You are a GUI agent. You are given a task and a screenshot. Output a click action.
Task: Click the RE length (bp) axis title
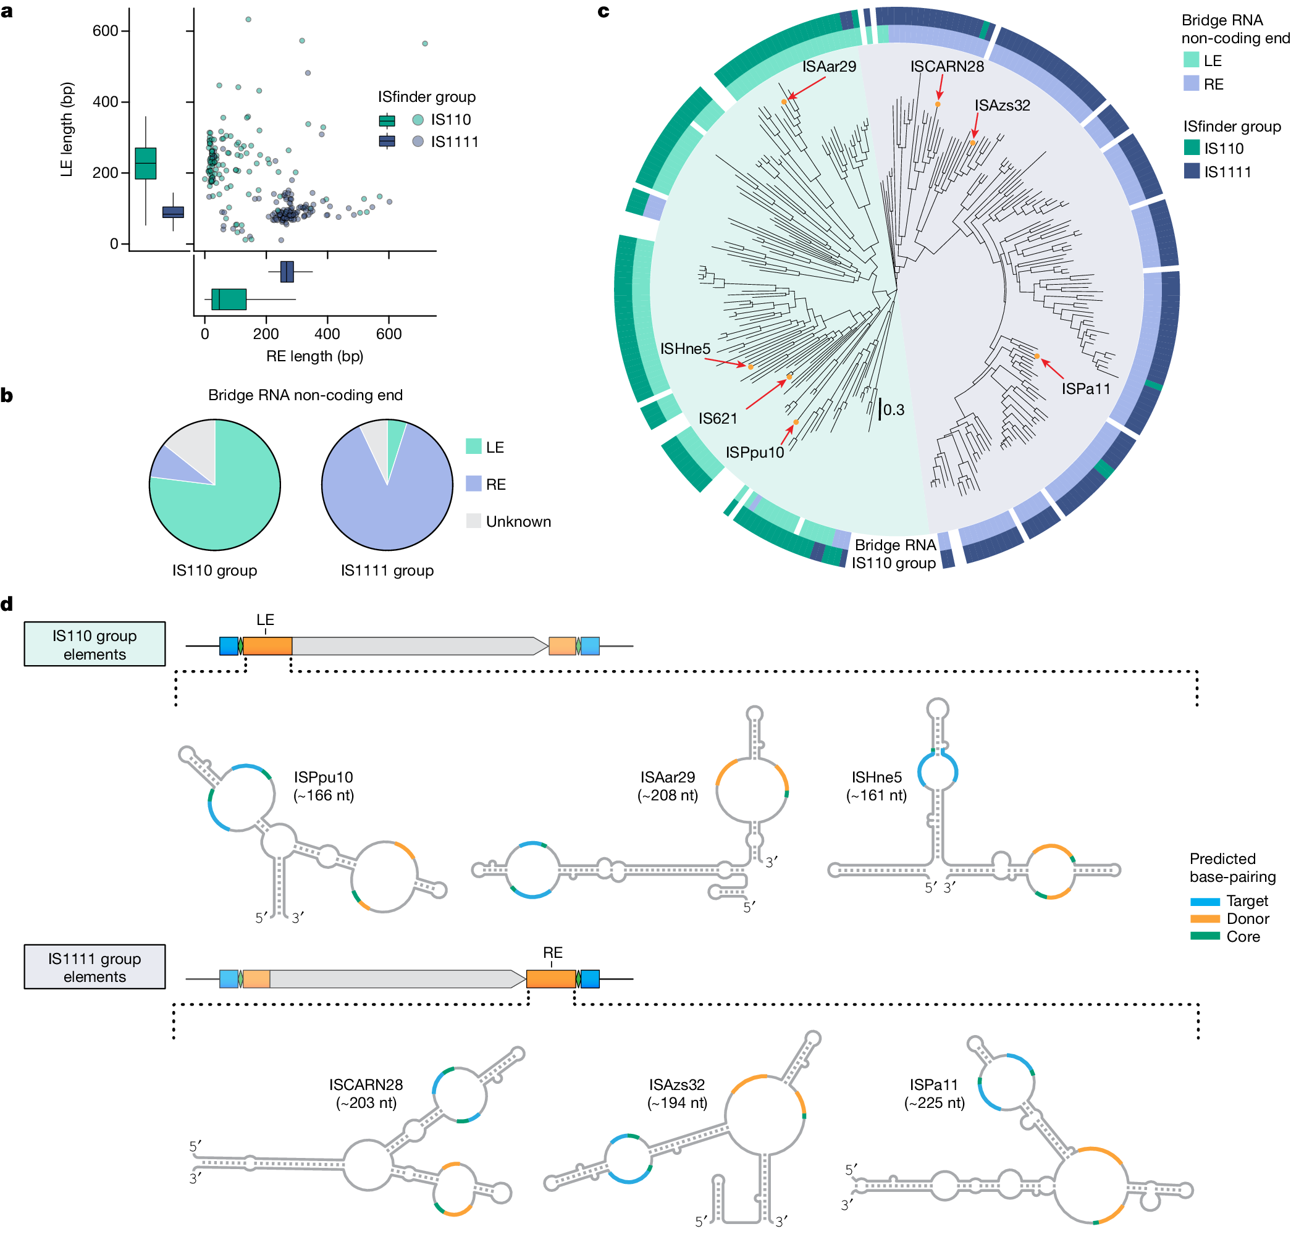click(314, 356)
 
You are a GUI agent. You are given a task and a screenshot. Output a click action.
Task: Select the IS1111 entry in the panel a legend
click(455, 141)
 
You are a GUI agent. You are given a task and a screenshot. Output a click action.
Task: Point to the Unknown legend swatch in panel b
click(473, 521)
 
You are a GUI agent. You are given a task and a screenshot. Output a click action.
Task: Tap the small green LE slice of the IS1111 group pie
click(396, 435)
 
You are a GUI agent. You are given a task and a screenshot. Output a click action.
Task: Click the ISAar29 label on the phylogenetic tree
click(828, 67)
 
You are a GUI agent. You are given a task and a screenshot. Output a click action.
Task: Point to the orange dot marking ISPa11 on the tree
click(1037, 356)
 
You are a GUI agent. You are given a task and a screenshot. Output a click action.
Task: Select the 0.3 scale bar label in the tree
click(894, 409)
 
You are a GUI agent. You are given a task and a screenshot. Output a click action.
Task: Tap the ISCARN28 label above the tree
click(946, 67)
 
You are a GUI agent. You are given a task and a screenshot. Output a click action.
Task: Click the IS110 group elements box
click(95, 644)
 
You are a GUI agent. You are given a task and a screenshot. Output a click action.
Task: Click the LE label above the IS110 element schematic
click(265, 620)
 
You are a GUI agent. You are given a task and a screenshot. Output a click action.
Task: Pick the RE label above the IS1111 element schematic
click(552, 952)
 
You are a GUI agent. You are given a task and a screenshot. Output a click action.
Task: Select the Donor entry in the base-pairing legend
click(1247, 918)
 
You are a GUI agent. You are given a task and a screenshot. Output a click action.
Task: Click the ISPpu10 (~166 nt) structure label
click(324, 786)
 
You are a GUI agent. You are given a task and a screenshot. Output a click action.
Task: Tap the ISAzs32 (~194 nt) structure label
click(676, 1093)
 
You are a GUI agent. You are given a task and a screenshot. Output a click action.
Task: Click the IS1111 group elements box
click(95, 967)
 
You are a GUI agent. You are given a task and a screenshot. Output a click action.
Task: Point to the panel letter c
click(603, 11)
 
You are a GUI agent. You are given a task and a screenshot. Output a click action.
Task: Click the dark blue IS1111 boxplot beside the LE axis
click(173, 212)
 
